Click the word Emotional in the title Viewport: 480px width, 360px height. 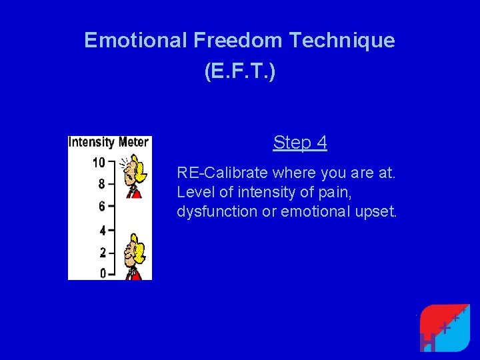pyautogui.click(x=136, y=41)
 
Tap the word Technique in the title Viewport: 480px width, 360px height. pyautogui.click(x=342, y=41)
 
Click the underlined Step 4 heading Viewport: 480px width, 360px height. pyautogui.click(x=300, y=143)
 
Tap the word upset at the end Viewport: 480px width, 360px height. pyautogui.click(x=378, y=212)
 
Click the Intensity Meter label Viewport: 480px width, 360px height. pyautogui.click(x=110, y=142)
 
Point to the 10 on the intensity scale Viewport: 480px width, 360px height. pyautogui.click(x=99, y=163)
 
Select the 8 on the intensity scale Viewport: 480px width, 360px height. pyautogui.click(x=101, y=184)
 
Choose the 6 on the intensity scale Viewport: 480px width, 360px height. pyautogui.click(x=101, y=207)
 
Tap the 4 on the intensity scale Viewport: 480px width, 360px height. pyautogui.click(x=101, y=231)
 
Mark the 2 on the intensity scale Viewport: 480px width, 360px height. pyautogui.click(x=101, y=253)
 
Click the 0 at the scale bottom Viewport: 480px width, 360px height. pyautogui.click(x=101, y=273)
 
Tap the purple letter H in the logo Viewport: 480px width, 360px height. pyautogui.click(x=429, y=341)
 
